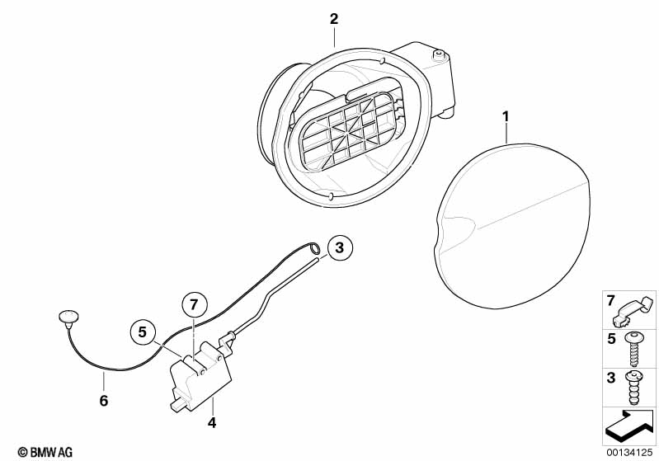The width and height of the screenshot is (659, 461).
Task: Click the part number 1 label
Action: click(x=506, y=117)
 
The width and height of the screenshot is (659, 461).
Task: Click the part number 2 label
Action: click(x=334, y=18)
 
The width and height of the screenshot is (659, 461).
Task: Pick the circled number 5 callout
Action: click(x=142, y=333)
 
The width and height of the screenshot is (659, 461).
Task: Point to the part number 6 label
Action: click(x=104, y=402)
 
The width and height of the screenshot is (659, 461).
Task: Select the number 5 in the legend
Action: click(x=611, y=338)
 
